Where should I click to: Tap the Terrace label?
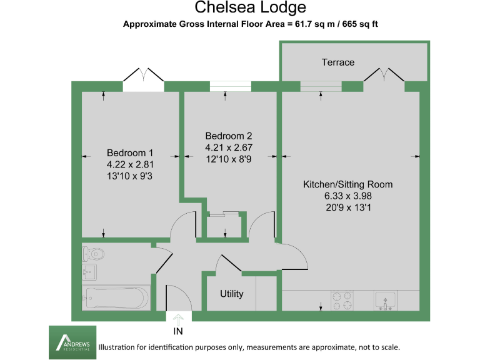338,62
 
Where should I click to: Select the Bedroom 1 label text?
129,153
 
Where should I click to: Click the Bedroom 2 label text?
228,136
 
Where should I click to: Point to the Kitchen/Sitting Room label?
347,185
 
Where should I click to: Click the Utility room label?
231,294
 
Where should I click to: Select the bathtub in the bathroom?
116,298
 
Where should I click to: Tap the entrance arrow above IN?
179,318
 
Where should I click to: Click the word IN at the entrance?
178,331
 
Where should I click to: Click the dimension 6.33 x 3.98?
347,196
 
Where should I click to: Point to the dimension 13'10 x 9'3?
129,176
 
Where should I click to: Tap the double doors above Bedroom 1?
144,78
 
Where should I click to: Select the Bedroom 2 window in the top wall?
229,86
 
